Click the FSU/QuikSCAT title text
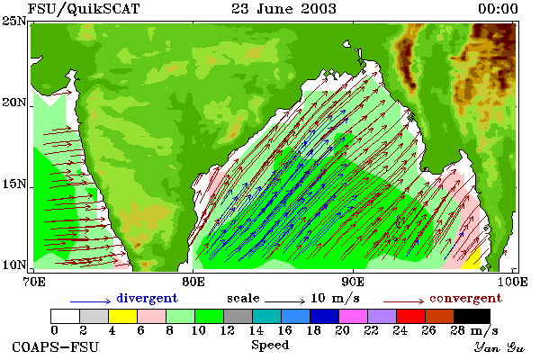84,9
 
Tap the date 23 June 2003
283,8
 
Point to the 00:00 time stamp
498,9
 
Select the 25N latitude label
13,22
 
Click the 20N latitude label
13,103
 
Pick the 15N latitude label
13,184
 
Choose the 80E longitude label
193,282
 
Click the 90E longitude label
353,282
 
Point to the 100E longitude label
512,282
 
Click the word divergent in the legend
147,298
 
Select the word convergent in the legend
465,298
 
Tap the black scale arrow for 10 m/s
284,301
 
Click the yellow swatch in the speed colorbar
123,316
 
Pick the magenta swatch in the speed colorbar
354,316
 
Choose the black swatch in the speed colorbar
472,316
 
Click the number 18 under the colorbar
313,330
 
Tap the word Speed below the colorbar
270,345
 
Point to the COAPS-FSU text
56,346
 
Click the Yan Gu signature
499,347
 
